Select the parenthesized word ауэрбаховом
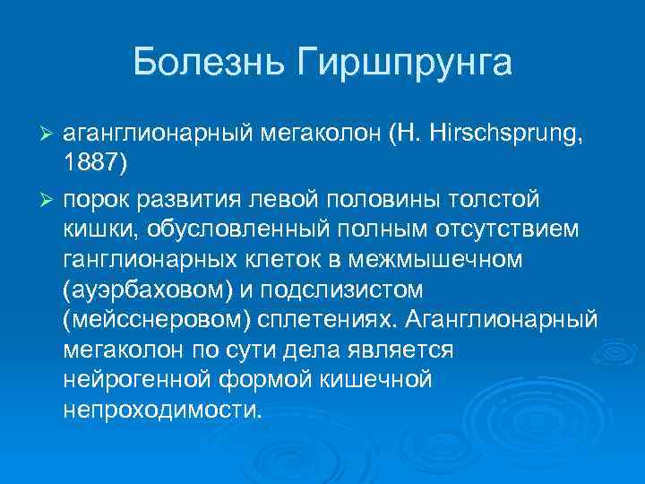coord(154,291)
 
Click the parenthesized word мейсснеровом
coord(159,322)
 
